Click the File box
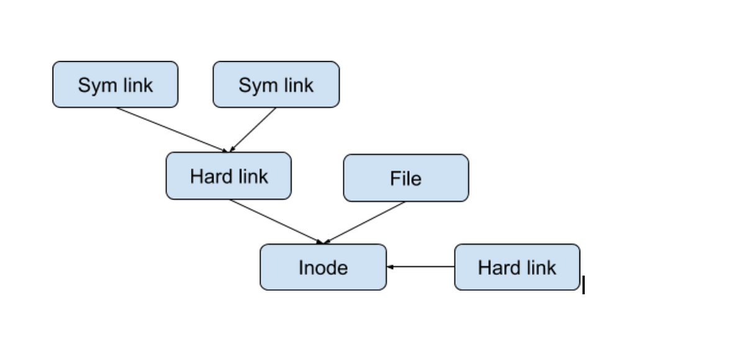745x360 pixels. pyautogui.click(x=406, y=178)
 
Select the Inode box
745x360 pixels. pyautogui.click(x=323, y=267)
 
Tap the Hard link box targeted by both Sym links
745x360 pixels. pyautogui.click(x=228, y=176)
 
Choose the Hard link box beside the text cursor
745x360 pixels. pyautogui.click(x=517, y=267)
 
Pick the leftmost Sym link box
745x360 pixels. pyautogui.click(x=115, y=84)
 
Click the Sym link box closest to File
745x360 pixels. pyautogui.click(x=276, y=84)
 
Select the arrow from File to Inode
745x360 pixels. pyautogui.click(x=365, y=222)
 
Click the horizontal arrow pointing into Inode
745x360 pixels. pyautogui.click(x=422, y=267)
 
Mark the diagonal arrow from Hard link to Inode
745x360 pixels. pyautogui.click(x=276, y=222)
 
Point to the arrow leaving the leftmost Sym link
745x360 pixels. pyautogui.click(x=171, y=129)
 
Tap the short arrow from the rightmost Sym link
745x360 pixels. pyautogui.click(x=253, y=130)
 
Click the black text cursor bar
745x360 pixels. pyautogui.click(x=584, y=286)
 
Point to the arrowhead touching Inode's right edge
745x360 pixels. pyautogui.click(x=390, y=267)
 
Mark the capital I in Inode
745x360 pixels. pyautogui.click(x=301, y=268)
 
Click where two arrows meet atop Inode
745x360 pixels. pyautogui.click(x=322, y=243)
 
